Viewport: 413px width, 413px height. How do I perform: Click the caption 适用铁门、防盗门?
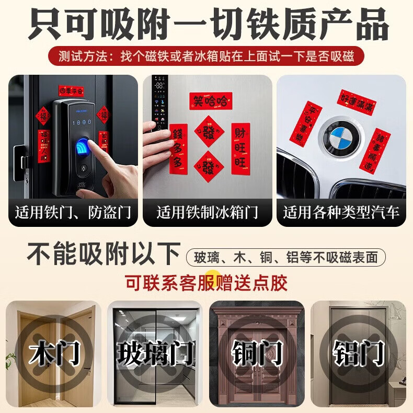pyautogui.click(x=73, y=213)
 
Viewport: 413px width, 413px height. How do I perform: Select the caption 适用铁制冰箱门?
pyautogui.click(x=208, y=213)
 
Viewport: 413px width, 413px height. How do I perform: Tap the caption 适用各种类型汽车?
pyautogui.click(x=341, y=213)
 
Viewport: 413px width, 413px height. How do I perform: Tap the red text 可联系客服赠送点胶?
pyautogui.click(x=206, y=283)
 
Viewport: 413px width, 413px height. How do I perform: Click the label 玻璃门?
pyautogui.click(x=155, y=353)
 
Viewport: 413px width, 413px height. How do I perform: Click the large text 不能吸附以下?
pyautogui.click(x=104, y=255)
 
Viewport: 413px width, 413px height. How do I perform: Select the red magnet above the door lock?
pyautogui.click(x=72, y=90)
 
